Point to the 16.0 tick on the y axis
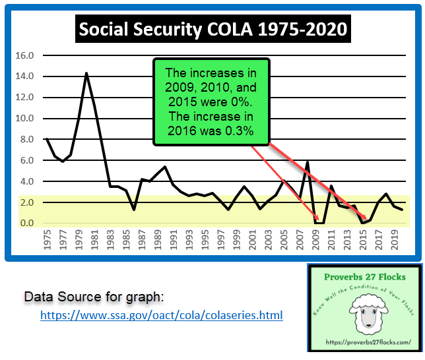click(24, 55)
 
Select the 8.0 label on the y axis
click(26, 139)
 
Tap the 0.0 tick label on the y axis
click(26, 224)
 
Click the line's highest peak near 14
click(86, 73)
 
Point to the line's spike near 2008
click(308, 162)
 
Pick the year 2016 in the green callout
click(185, 130)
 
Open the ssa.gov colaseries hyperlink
click(162, 316)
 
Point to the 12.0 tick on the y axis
click(24, 98)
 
